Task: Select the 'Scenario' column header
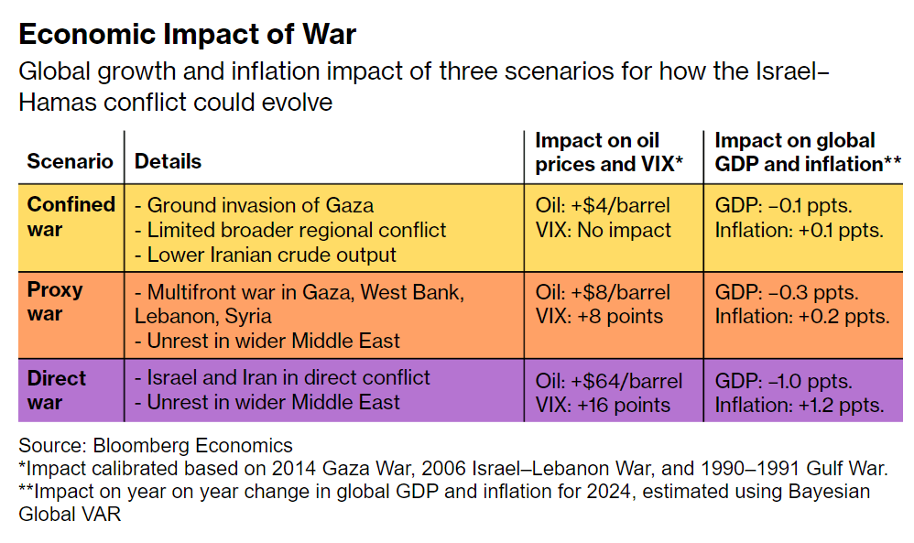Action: point(70,161)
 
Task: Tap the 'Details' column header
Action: point(168,161)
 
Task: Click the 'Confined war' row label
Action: point(71,216)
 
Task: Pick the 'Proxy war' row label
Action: point(55,302)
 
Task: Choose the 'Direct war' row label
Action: point(56,390)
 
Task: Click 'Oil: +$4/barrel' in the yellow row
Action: point(603,205)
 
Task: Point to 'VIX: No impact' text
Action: point(603,230)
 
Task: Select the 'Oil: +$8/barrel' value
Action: point(603,293)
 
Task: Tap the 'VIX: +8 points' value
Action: point(599,317)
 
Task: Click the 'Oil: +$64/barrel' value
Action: point(608,381)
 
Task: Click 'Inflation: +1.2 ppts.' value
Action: point(799,405)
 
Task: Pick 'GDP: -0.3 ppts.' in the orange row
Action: point(786,293)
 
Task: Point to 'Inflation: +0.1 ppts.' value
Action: point(799,230)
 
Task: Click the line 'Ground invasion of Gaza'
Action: point(254,205)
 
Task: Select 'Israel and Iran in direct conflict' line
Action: point(282,377)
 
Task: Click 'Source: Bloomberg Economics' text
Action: point(156,446)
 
